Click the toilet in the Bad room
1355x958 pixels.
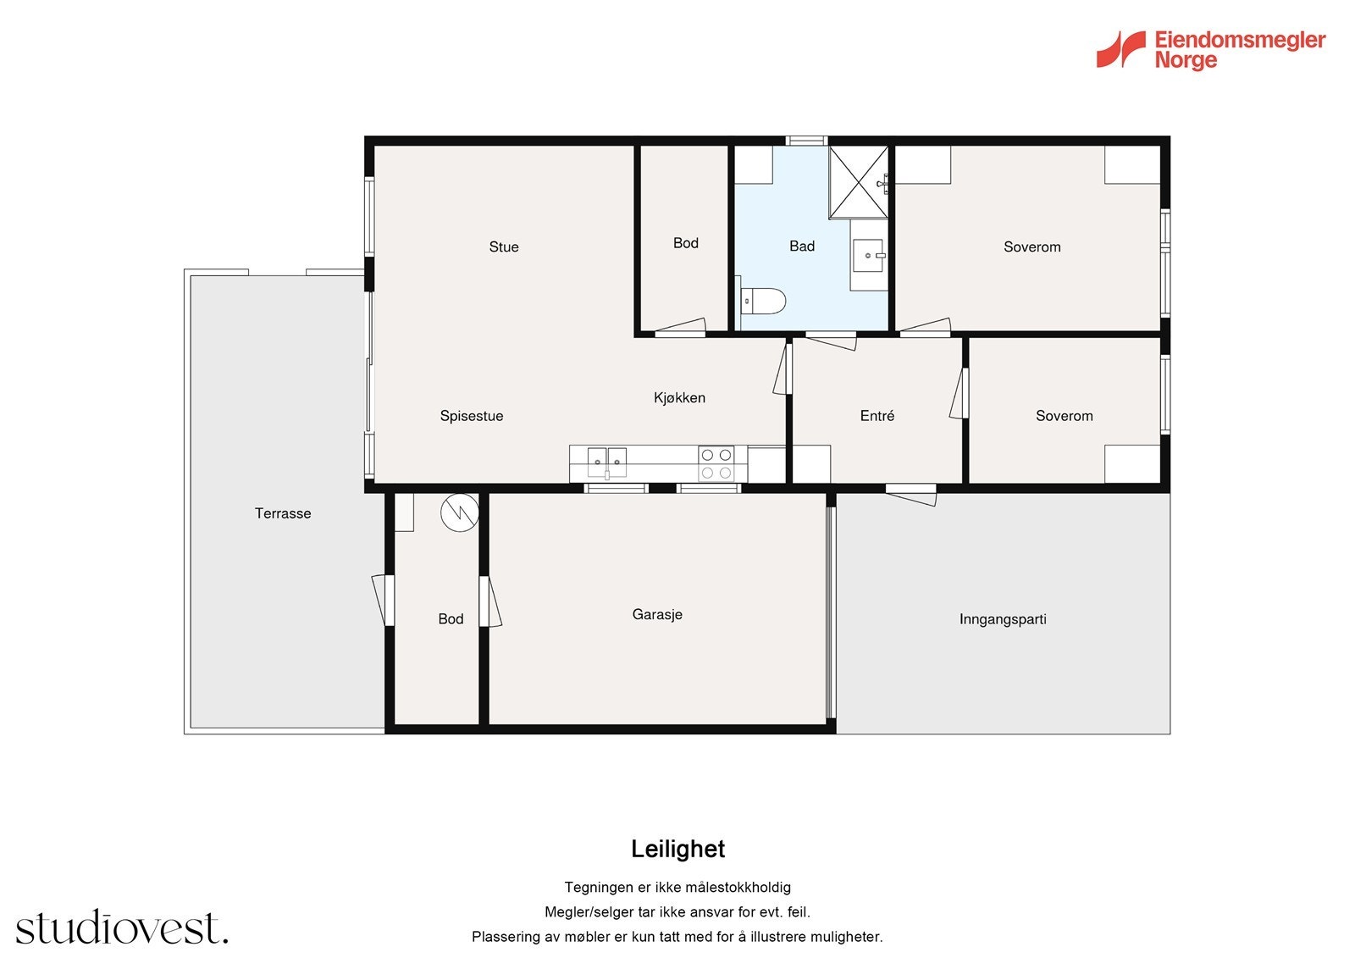pos(763,302)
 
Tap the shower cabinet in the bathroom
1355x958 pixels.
pos(859,181)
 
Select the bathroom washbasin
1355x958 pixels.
pos(869,256)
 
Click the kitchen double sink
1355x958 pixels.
pos(606,463)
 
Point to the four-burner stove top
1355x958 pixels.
pos(716,464)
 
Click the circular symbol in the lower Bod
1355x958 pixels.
pos(460,512)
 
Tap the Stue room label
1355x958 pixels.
pos(504,247)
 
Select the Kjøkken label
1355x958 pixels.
pos(679,397)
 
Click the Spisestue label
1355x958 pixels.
pos(472,417)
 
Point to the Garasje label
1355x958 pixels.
pos(657,614)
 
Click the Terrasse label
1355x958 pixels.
pos(283,513)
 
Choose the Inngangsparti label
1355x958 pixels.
pos(1003,619)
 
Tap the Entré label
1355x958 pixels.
pos(877,416)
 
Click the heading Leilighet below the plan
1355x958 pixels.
pos(678,849)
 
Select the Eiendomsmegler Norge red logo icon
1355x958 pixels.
pos(1121,49)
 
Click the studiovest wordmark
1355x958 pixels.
pos(122,927)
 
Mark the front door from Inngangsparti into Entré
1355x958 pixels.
pos(911,494)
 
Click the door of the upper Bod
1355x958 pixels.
pos(681,327)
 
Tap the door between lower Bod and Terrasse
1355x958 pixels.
pos(384,600)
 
